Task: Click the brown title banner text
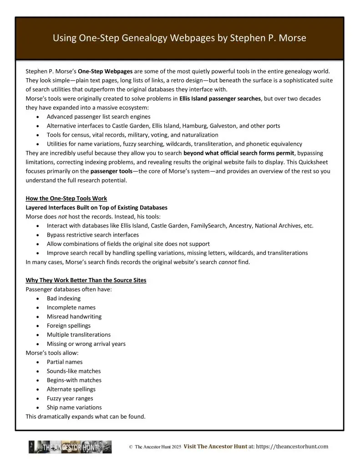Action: click(x=179, y=39)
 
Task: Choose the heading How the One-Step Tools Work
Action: click(x=66, y=198)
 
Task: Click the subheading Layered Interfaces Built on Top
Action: click(x=96, y=208)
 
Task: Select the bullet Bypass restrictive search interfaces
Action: click(x=92, y=235)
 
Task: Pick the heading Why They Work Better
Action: click(x=86, y=280)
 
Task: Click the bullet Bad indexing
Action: click(x=63, y=299)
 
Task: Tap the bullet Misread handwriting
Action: click(x=74, y=317)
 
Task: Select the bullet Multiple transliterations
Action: click(x=78, y=335)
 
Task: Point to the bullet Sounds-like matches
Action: click(x=74, y=371)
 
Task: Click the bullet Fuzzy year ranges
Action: click(x=71, y=399)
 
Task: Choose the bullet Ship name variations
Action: click(x=74, y=408)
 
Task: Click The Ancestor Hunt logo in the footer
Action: click(x=70, y=447)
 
